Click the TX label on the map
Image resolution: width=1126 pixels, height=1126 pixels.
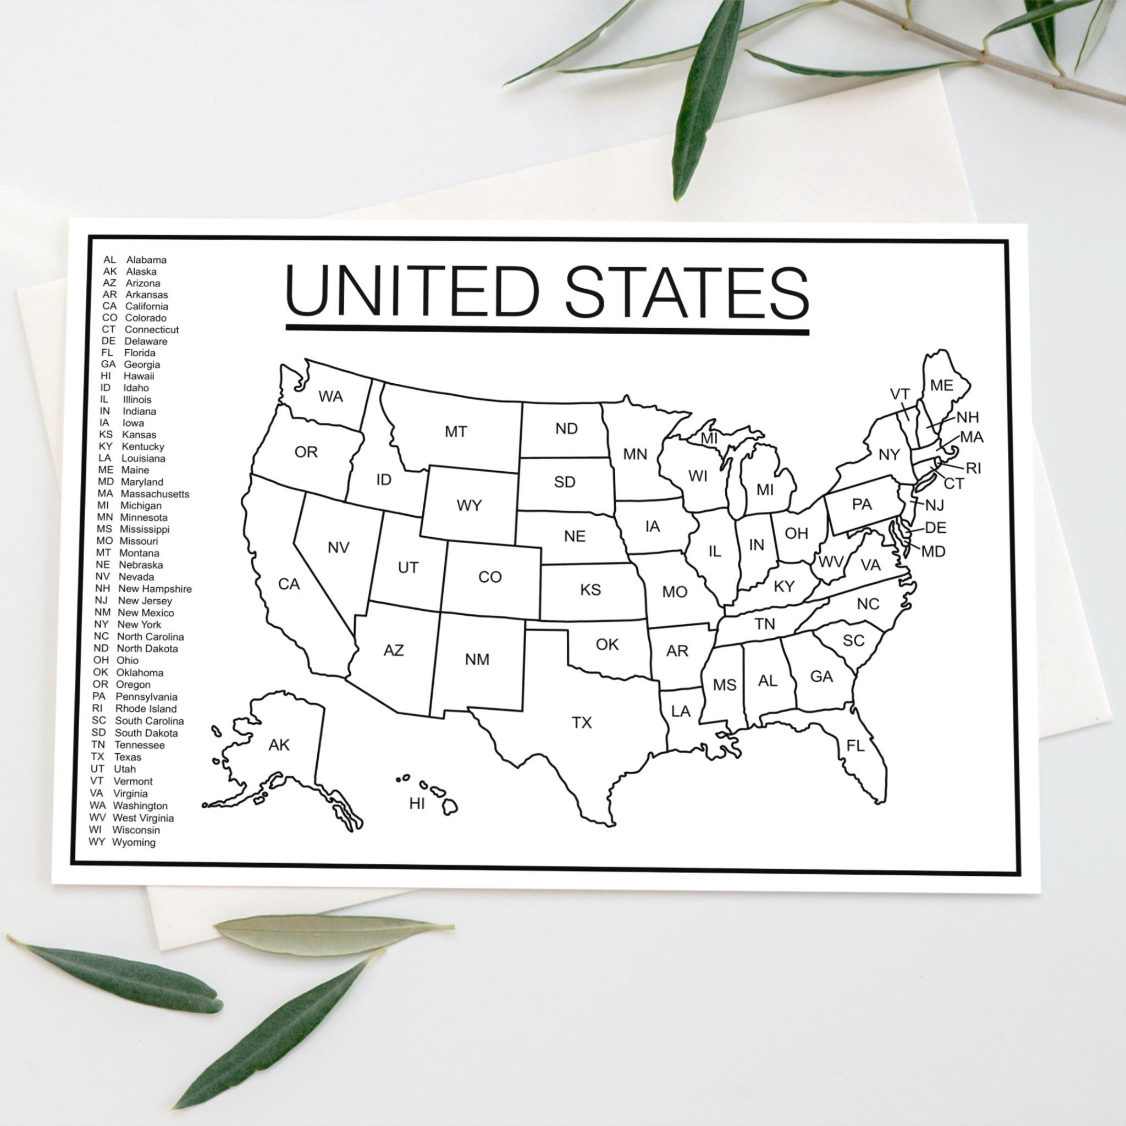tap(582, 722)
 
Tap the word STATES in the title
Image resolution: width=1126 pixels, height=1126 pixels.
tap(687, 291)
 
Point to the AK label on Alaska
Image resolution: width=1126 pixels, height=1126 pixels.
tap(279, 745)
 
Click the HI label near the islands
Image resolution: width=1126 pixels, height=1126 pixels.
tap(417, 804)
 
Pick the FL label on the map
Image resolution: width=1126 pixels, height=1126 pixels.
tap(855, 746)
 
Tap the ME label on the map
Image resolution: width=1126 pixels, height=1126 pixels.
tap(942, 385)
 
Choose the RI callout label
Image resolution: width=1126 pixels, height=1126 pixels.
tap(974, 468)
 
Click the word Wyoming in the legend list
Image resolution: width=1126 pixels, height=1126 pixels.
tap(134, 842)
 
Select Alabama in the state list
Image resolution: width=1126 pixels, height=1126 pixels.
tap(146, 260)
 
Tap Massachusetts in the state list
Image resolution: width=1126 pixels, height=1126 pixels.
tap(155, 494)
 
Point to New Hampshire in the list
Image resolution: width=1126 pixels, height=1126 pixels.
tap(154, 589)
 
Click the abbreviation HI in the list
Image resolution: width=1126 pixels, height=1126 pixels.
tap(106, 376)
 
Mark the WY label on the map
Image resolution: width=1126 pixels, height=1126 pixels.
tap(469, 505)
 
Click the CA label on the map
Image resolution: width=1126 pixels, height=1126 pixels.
tap(289, 584)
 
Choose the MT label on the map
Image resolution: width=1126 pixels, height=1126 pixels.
tap(456, 432)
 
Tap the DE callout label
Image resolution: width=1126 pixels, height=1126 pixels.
tap(935, 528)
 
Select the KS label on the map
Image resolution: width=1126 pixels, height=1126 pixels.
tap(590, 590)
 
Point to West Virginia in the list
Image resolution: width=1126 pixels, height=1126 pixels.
tap(143, 818)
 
